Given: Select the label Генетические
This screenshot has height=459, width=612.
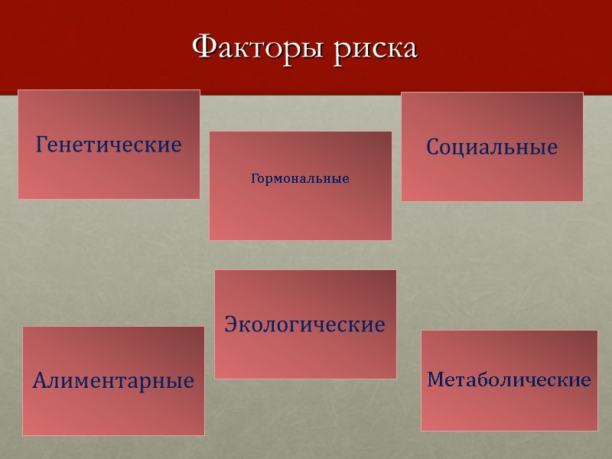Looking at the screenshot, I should point(109,144).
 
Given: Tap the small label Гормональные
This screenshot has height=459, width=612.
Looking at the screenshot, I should point(300,179).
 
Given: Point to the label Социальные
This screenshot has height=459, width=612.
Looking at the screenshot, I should point(492,147).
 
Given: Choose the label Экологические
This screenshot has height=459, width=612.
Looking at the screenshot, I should point(304,324).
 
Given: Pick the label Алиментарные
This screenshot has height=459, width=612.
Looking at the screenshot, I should point(113,380).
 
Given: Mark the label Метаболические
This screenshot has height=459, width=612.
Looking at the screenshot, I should point(509,379).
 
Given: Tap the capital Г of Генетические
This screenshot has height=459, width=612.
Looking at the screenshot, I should point(41,143).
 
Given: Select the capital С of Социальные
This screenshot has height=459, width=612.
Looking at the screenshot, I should point(432,147).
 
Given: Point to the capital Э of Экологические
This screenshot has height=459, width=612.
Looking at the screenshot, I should point(230,324).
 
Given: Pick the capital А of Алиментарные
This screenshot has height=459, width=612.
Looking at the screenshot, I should point(39,379).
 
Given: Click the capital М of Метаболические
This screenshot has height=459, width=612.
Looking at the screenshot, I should point(435,379).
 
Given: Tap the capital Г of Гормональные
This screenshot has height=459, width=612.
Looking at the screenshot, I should point(254,178).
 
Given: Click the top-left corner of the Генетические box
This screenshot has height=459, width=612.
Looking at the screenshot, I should point(18,90).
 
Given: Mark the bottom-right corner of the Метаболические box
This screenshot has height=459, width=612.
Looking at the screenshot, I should point(597,431).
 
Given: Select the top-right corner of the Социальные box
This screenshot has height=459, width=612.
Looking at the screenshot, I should point(583,93).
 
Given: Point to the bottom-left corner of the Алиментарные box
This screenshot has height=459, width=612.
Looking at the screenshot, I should point(22,435).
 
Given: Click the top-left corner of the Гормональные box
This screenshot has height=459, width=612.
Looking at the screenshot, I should point(210,132).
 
